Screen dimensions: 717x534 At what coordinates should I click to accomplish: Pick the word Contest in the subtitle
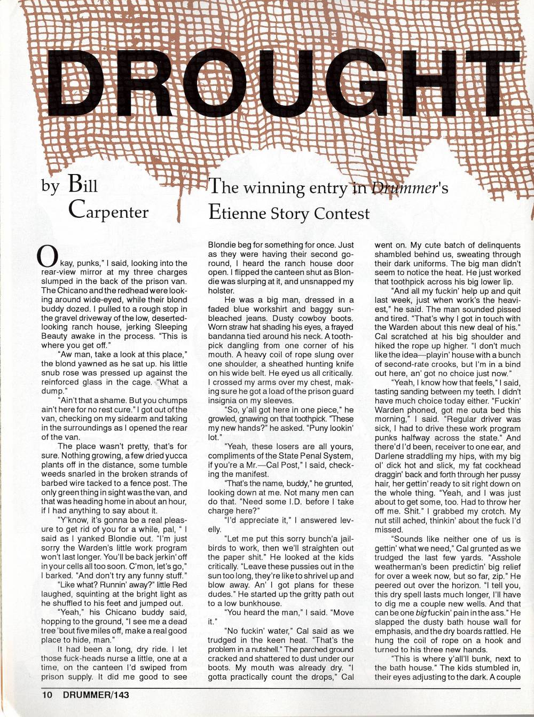[x=341, y=214]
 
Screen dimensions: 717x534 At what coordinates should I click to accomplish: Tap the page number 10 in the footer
[x=47, y=695]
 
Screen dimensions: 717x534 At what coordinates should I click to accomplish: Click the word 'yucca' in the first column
[x=177, y=455]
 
